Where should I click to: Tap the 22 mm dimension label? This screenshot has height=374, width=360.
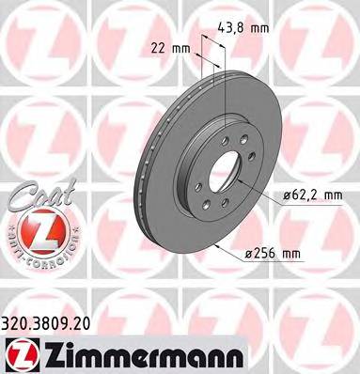coord(166,46)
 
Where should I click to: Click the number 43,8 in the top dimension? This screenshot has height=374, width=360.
coord(234,28)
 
